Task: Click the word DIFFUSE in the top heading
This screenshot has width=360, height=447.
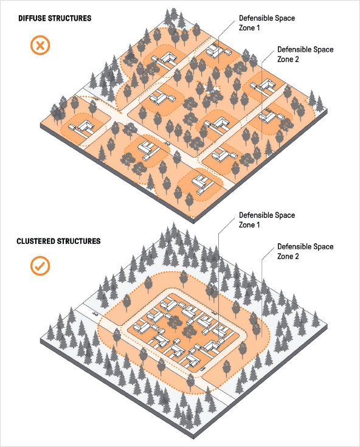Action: (x=32, y=18)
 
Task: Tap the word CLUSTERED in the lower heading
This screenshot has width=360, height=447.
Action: (x=36, y=241)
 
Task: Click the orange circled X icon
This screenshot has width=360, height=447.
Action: (x=40, y=45)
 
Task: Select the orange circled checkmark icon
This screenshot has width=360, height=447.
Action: (x=40, y=266)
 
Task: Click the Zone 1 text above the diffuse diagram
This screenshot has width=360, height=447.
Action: (x=249, y=28)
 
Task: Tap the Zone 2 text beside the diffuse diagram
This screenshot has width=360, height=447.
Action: (x=288, y=60)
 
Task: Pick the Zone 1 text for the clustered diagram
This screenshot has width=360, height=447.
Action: (x=249, y=225)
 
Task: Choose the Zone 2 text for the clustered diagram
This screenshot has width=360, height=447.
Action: (x=288, y=256)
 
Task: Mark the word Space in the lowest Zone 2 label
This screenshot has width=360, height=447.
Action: (x=323, y=246)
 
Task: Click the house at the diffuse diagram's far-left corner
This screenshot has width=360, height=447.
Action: (x=81, y=126)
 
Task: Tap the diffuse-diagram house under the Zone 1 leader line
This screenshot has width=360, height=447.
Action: (x=216, y=51)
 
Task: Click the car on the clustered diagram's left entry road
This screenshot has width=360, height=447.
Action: (x=95, y=314)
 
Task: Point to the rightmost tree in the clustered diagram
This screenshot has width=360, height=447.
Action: (x=316, y=319)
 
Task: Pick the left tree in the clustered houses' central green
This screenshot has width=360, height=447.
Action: (x=173, y=322)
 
